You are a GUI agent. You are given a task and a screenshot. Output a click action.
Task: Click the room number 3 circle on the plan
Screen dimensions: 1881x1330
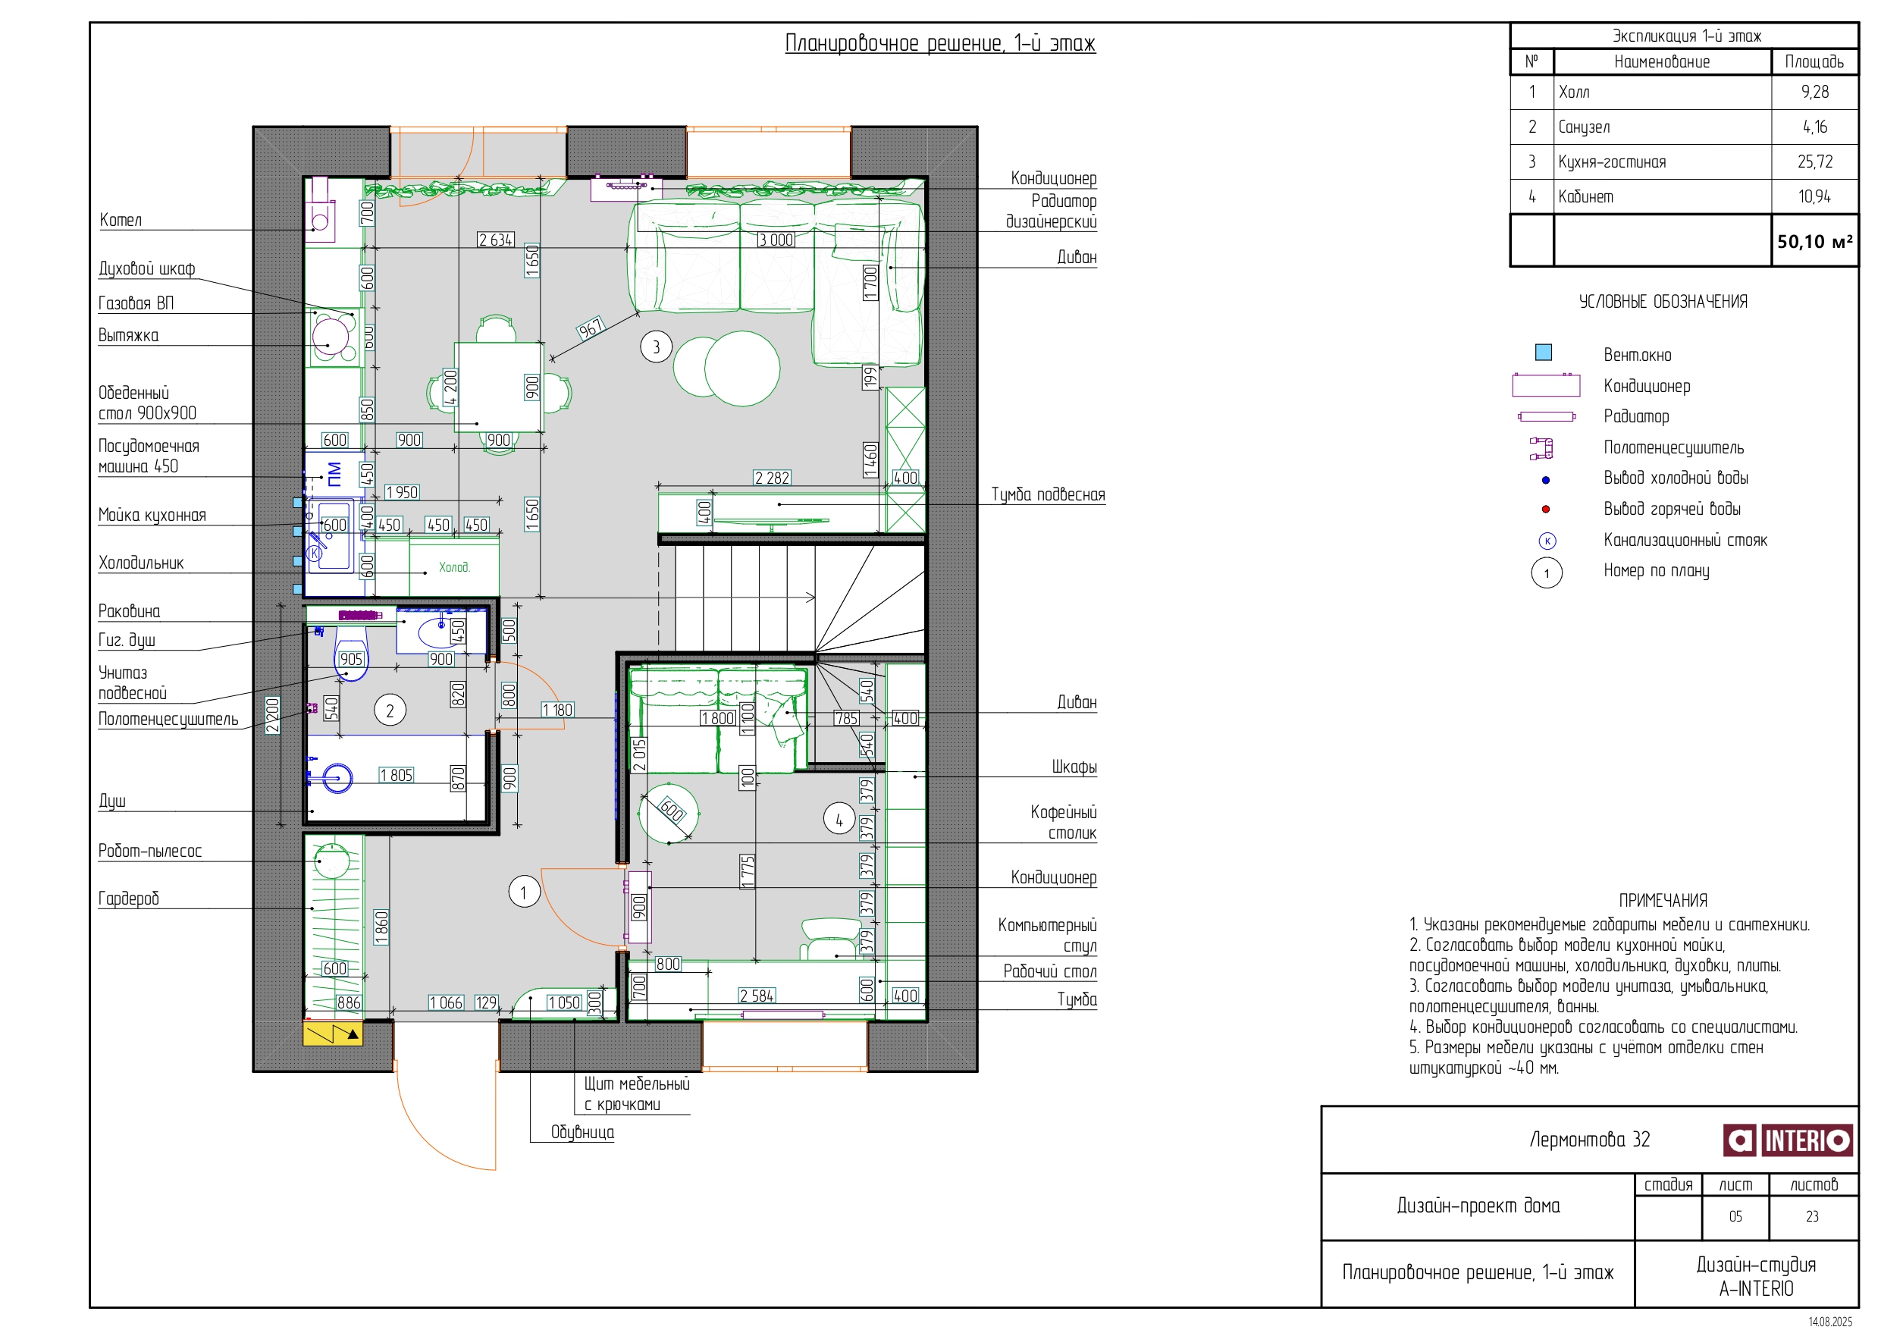pyautogui.click(x=655, y=347)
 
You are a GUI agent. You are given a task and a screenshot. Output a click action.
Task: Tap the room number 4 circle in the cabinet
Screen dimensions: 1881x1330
pyautogui.click(x=839, y=819)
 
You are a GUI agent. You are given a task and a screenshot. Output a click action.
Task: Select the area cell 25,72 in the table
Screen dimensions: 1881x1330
pyautogui.click(x=1814, y=162)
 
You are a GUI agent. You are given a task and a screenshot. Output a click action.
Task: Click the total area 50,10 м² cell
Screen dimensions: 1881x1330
pyautogui.click(x=1814, y=242)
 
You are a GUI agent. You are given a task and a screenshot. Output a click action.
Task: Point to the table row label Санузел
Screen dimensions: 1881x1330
pyautogui.click(x=1584, y=127)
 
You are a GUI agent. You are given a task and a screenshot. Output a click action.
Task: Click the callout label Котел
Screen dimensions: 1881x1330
pyautogui.click(x=121, y=220)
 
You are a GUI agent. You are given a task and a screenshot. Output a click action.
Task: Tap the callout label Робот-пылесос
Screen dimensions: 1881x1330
pyautogui.click(x=150, y=851)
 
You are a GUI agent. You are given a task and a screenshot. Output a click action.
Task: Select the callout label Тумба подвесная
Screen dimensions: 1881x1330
pyautogui.click(x=1048, y=494)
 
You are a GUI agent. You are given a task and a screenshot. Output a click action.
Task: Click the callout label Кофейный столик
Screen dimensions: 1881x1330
pyautogui.click(x=1064, y=822)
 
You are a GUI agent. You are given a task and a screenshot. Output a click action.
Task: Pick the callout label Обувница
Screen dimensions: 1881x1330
pyautogui.click(x=582, y=1131)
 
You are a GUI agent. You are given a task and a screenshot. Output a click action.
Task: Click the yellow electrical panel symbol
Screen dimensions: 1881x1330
pyautogui.click(x=333, y=1034)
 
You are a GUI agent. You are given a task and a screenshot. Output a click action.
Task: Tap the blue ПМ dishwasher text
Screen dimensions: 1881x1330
pyautogui.click(x=334, y=474)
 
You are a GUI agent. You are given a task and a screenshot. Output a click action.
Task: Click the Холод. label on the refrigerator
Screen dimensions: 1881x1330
pyautogui.click(x=454, y=567)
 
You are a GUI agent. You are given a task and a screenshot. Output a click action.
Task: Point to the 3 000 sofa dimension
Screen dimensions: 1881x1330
pyautogui.click(x=776, y=240)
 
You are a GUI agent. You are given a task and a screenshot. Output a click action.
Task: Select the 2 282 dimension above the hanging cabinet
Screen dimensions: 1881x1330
pyautogui.click(x=772, y=478)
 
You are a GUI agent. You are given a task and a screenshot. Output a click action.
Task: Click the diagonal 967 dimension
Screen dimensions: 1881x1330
pyautogui.click(x=590, y=328)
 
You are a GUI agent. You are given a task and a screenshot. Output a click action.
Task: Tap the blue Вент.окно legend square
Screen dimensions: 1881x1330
pyautogui.click(x=1544, y=353)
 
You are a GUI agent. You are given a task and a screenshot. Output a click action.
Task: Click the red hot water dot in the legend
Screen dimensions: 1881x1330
pyautogui.click(x=1545, y=509)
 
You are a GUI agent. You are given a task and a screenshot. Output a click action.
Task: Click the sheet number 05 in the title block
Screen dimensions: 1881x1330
pyautogui.click(x=1735, y=1216)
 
